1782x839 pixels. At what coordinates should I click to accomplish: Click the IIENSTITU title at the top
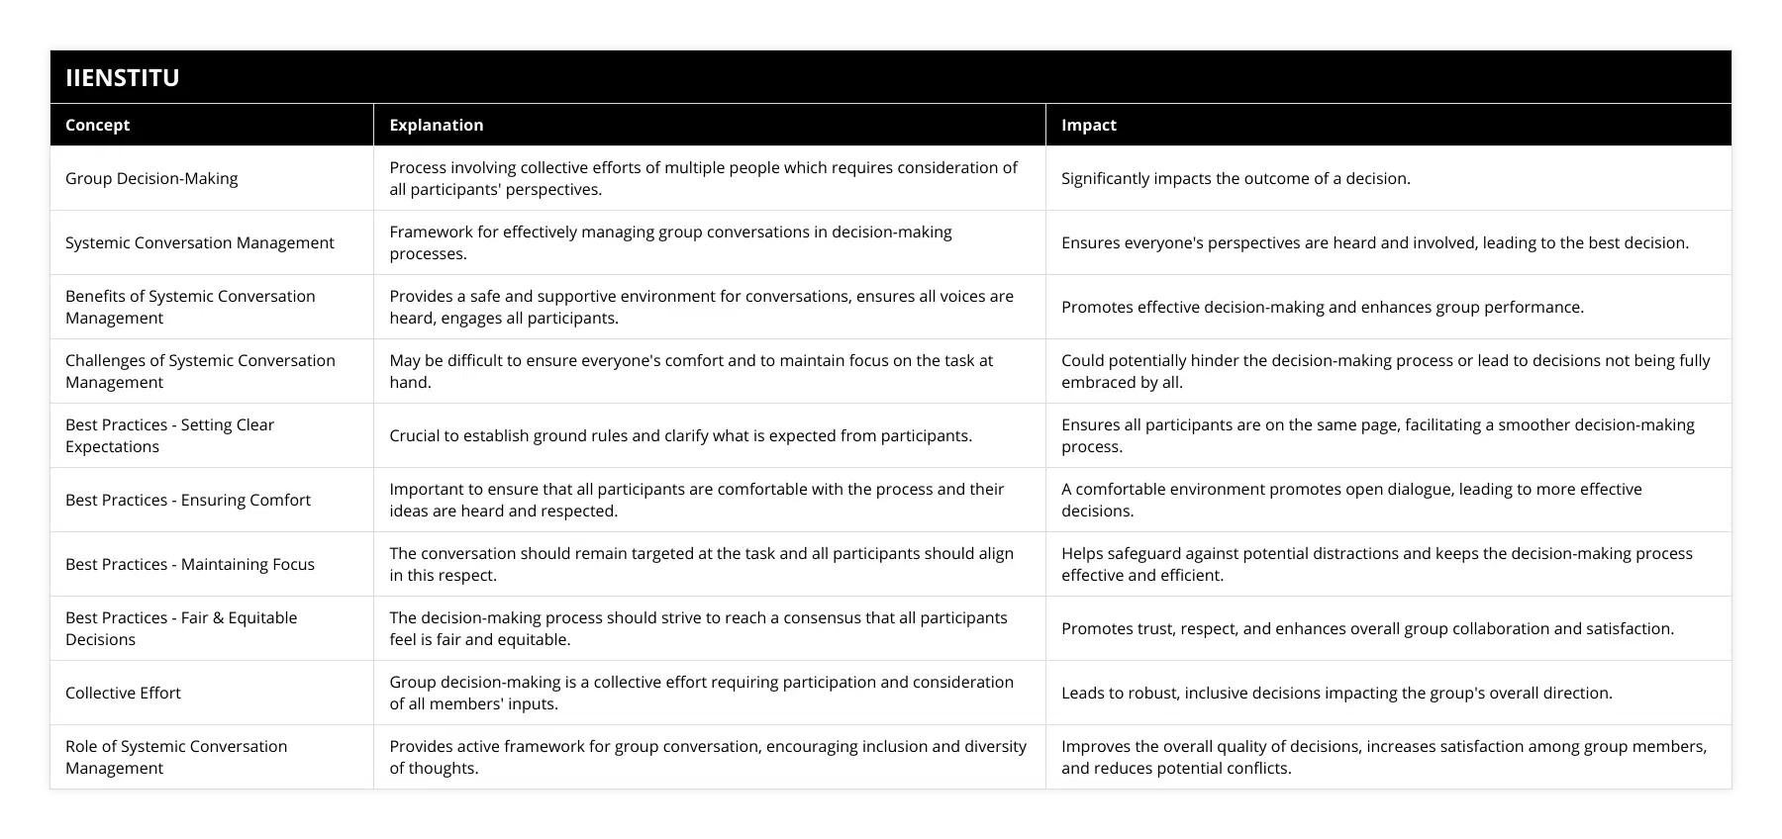pos(123,77)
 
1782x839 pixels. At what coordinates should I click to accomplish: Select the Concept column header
pos(97,125)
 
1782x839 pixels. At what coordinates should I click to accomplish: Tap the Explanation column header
pos(436,125)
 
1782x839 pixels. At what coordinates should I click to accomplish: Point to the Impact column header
pos(1088,125)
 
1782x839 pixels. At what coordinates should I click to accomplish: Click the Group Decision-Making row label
pos(151,178)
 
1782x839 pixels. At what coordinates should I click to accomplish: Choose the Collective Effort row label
pos(123,693)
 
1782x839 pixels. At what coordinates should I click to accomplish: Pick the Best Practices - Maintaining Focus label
pos(190,564)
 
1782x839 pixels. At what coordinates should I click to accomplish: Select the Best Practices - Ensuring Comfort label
pos(188,500)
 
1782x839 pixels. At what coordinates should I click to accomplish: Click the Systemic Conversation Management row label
pos(200,242)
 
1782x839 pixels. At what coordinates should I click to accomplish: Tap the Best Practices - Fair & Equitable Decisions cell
pos(181,628)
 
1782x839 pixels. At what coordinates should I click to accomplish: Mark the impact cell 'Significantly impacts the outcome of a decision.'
pos(1236,178)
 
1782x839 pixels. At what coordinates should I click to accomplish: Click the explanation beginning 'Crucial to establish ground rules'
pos(680,435)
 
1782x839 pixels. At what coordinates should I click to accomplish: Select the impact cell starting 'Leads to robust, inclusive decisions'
pos(1336,693)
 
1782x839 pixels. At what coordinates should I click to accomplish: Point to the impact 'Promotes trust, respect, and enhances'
pos(1367,628)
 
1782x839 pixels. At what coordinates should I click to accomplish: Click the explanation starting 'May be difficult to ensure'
pos(690,371)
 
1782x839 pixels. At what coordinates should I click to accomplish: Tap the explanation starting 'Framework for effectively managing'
pos(670,242)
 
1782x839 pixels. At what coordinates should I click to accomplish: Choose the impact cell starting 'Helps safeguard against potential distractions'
pos(1376,564)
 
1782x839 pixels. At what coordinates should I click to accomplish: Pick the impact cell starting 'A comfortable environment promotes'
pos(1351,500)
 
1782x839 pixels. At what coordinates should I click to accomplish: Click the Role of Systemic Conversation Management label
pos(176,757)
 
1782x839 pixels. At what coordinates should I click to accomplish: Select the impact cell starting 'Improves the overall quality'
pos(1383,757)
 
